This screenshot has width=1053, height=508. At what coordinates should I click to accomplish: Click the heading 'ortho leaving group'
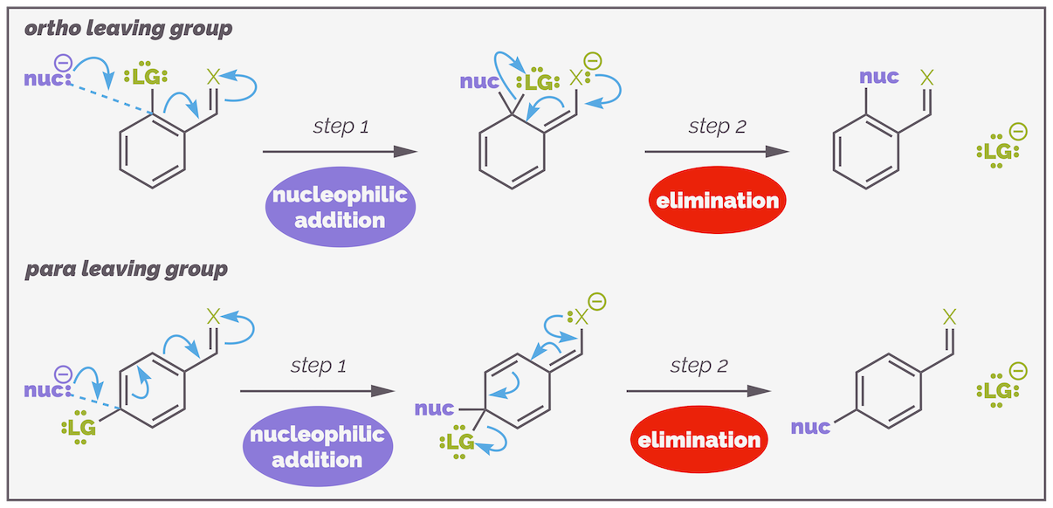click(x=128, y=29)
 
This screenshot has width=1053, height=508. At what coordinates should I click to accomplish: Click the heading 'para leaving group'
click(x=127, y=268)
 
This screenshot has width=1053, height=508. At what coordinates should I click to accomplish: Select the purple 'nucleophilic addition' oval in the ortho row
click(x=340, y=207)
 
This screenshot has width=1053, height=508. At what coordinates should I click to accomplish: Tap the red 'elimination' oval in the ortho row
click(x=718, y=201)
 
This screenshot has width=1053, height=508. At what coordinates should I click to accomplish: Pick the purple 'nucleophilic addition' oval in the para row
click(x=317, y=446)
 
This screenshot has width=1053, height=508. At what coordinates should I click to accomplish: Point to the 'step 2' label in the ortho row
click(x=717, y=126)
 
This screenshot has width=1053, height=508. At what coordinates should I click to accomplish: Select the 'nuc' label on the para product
click(x=810, y=427)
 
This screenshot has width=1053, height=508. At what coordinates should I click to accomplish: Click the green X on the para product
click(x=951, y=318)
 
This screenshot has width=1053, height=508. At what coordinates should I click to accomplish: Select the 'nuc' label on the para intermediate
click(x=434, y=408)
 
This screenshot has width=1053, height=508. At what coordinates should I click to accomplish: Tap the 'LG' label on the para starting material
click(x=82, y=428)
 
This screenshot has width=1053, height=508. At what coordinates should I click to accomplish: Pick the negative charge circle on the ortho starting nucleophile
click(x=63, y=62)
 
